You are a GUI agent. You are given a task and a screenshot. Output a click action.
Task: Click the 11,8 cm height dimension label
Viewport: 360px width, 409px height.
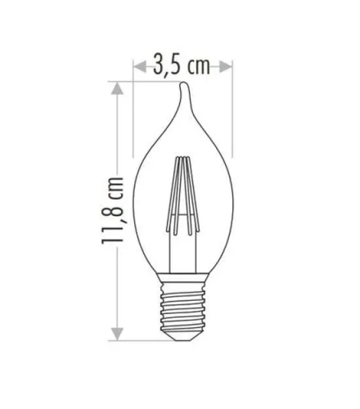pyautogui.click(x=112, y=210)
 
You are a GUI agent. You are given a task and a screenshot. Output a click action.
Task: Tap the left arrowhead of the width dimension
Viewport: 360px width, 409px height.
pyautogui.click(x=140, y=67)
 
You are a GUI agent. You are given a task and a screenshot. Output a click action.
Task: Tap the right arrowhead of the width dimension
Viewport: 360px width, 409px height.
pyautogui.click(x=226, y=67)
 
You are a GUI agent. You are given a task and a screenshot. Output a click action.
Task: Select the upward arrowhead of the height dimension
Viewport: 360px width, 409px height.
pyautogui.click(x=117, y=88)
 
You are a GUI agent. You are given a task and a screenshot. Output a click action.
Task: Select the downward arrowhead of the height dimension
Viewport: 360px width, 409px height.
pyautogui.click(x=117, y=335)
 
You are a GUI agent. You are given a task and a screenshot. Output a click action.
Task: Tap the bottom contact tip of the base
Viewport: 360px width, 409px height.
pyautogui.click(x=183, y=338)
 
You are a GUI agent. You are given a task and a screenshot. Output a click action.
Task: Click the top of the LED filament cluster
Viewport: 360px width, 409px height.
pyautogui.click(x=182, y=159)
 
